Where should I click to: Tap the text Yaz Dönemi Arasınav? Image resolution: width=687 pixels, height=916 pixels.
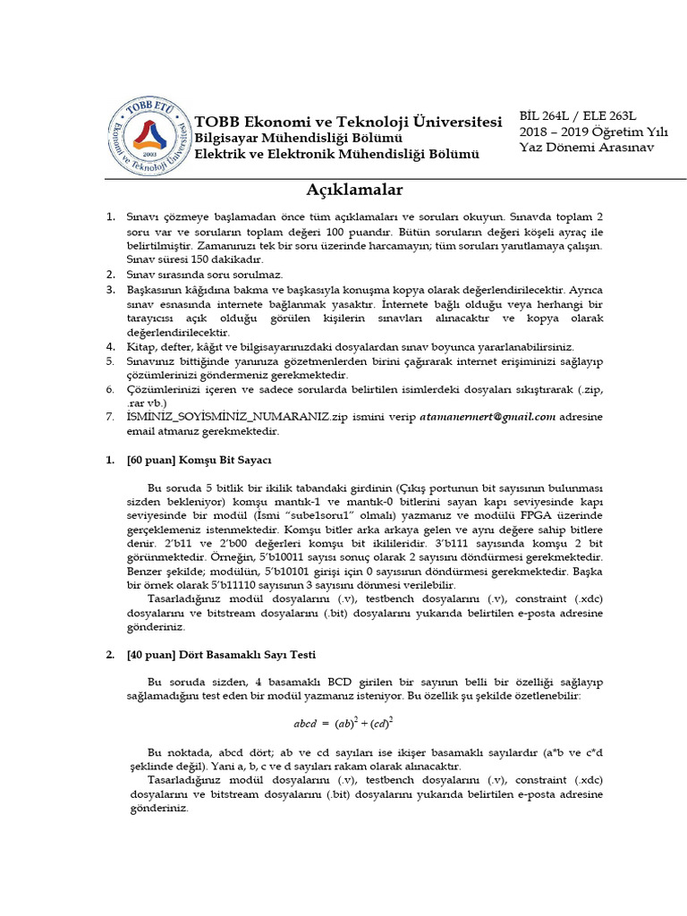point(587,147)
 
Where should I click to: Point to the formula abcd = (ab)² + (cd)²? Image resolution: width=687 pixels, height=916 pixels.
point(344,722)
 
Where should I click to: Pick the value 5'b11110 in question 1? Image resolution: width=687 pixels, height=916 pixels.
point(201,586)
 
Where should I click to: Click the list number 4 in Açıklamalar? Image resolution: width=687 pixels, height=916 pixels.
point(110,346)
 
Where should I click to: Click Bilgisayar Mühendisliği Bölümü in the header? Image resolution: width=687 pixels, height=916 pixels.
point(299,139)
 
